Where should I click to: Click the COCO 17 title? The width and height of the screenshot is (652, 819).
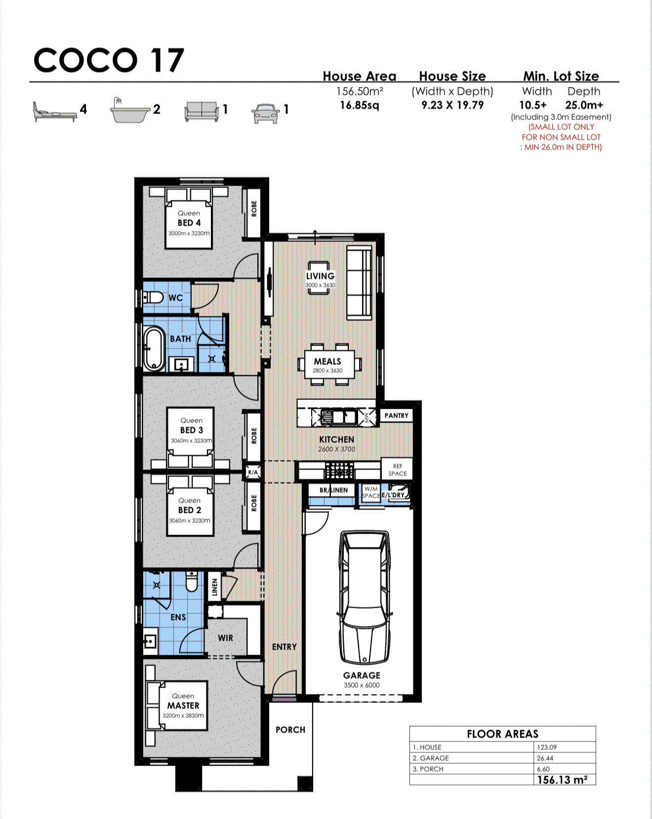tap(109, 60)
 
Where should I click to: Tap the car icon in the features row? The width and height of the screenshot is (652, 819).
tap(266, 113)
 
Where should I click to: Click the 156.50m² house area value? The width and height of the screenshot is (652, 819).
tap(360, 91)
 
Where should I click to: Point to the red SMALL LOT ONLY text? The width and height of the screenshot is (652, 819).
tap(561, 127)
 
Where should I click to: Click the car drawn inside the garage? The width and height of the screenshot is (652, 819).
tap(364, 597)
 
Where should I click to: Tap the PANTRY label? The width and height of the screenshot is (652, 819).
tap(396, 416)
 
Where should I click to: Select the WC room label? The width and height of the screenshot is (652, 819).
tap(175, 298)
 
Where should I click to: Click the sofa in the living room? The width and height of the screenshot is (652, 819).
tap(359, 283)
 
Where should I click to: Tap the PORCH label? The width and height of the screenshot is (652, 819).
tap(290, 730)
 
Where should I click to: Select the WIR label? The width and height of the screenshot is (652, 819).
tap(225, 638)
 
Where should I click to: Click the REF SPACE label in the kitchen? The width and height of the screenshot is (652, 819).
tap(397, 469)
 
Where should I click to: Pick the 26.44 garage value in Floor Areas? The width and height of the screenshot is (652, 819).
tap(545, 758)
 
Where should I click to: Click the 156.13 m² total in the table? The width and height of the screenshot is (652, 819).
tap(562, 780)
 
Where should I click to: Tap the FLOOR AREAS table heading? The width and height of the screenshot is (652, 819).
tap(502, 734)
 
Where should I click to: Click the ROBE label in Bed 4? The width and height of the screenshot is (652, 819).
tap(254, 208)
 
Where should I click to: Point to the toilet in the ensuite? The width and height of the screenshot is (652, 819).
tap(192, 581)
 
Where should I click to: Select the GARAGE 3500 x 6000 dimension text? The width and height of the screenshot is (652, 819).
tap(362, 685)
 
